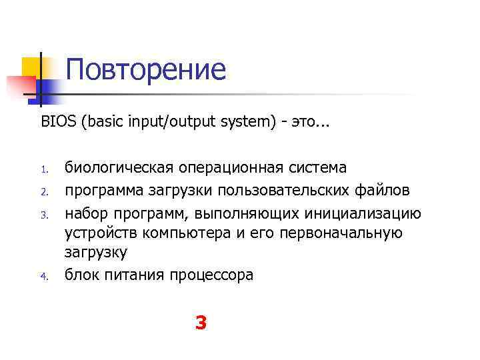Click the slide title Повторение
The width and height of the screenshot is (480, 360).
[146, 70]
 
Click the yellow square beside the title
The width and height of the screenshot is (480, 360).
[32, 67]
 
